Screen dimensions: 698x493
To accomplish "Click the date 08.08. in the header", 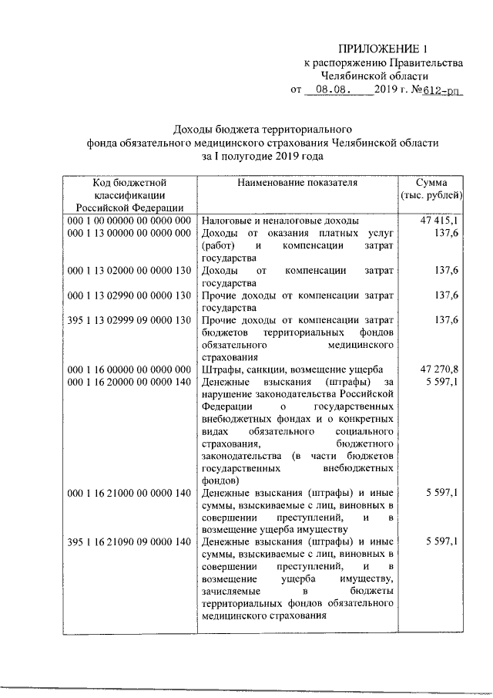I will coord(330,89).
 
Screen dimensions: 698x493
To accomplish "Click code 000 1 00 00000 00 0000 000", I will coord(129,220).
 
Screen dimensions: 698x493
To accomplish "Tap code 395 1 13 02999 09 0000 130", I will coord(129,319).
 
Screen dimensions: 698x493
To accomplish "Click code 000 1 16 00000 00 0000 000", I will coord(129,369).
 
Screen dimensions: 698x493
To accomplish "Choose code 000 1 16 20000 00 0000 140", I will coord(129,381).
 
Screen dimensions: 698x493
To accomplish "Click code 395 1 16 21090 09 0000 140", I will coord(129,542).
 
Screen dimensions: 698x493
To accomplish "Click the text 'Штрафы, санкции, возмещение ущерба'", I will coord(287,369).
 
